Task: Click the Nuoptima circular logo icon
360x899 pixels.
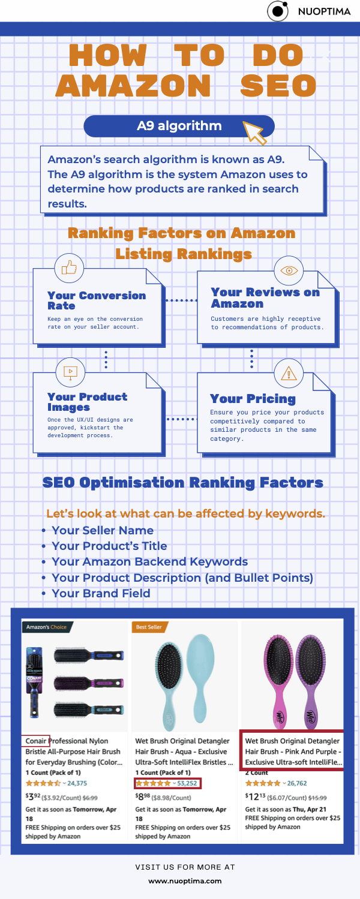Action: (277, 11)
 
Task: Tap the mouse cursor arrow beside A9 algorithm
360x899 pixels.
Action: (254, 131)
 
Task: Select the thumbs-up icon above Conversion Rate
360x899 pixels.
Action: (69, 268)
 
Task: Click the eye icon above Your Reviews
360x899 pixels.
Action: (290, 270)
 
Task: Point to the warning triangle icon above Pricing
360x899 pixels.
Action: (289, 374)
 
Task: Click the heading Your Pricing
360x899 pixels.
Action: (253, 399)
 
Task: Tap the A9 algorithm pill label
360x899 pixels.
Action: (179, 126)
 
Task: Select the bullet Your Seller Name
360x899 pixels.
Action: (103, 530)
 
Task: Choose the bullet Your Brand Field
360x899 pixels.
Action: (101, 593)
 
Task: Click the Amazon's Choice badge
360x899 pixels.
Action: (46, 627)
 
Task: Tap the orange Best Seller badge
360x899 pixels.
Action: (149, 627)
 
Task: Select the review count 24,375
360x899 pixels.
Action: (77, 783)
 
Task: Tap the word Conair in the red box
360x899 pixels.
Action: (36, 741)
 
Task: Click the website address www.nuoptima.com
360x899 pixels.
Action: (185, 881)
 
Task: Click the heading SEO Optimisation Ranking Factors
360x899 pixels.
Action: (182, 483)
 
